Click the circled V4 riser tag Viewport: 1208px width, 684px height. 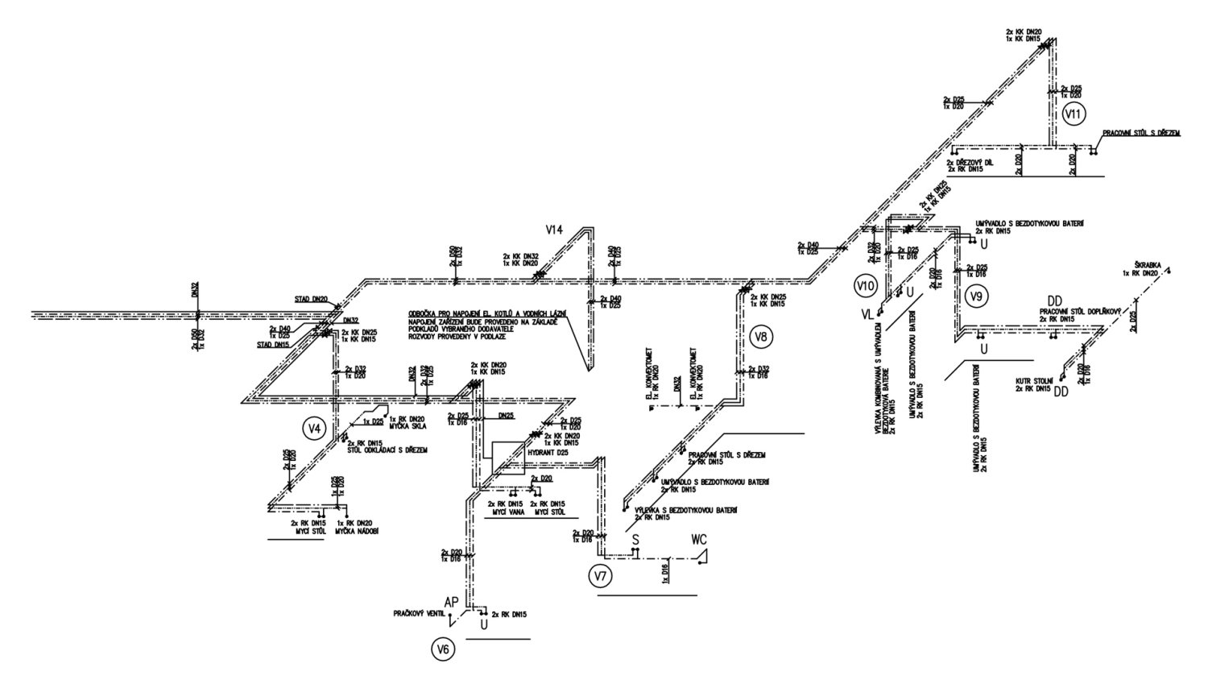[x=315, y=429]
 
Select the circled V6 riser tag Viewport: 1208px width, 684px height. [x=443, y=650]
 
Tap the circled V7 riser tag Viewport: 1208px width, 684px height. [x=600, y=576]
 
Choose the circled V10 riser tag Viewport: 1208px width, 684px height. [x=867, y=285]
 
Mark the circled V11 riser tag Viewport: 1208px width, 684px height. [x=1074, y=114]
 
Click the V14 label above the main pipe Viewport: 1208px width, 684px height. [x=555, y=230]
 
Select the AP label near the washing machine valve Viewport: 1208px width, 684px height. [x=452, y=601]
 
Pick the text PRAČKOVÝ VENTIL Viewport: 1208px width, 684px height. [x=419, y=614]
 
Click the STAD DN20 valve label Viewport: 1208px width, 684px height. [x=310, y=300]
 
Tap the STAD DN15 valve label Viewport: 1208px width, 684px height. [x=274, y=344]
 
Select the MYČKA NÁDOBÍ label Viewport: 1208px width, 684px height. [x=356, y=531]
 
